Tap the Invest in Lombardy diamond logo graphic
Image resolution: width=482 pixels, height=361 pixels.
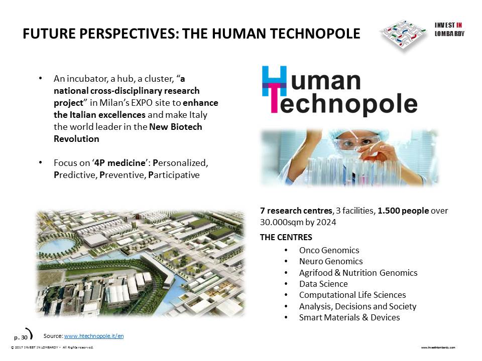click(403, 35)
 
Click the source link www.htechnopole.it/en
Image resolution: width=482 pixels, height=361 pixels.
click(94, 336)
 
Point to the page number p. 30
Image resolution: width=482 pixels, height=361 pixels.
click(21, 337)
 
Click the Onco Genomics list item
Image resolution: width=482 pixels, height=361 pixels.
click(329, 250)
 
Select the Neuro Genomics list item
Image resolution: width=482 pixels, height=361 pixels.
click(331, 261)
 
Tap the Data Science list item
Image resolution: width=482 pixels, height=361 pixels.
click(323, 284)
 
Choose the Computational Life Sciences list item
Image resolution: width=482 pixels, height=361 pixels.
click(352, 295)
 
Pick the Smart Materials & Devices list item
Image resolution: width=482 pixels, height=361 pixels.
click(349, 317)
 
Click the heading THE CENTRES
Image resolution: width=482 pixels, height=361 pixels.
click(286, 237)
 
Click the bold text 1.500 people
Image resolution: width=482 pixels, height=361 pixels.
click(403, 211)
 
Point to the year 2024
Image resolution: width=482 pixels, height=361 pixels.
click(327, 222)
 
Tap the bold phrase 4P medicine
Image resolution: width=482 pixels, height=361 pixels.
click(119, 162)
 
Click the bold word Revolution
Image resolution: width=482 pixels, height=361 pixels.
click(76, 139)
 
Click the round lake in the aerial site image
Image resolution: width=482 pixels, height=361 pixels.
click(56, 245)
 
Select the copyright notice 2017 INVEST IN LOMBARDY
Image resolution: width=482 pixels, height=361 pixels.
click(52, 347)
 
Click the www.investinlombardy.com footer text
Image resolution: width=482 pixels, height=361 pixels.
click(438, 347)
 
